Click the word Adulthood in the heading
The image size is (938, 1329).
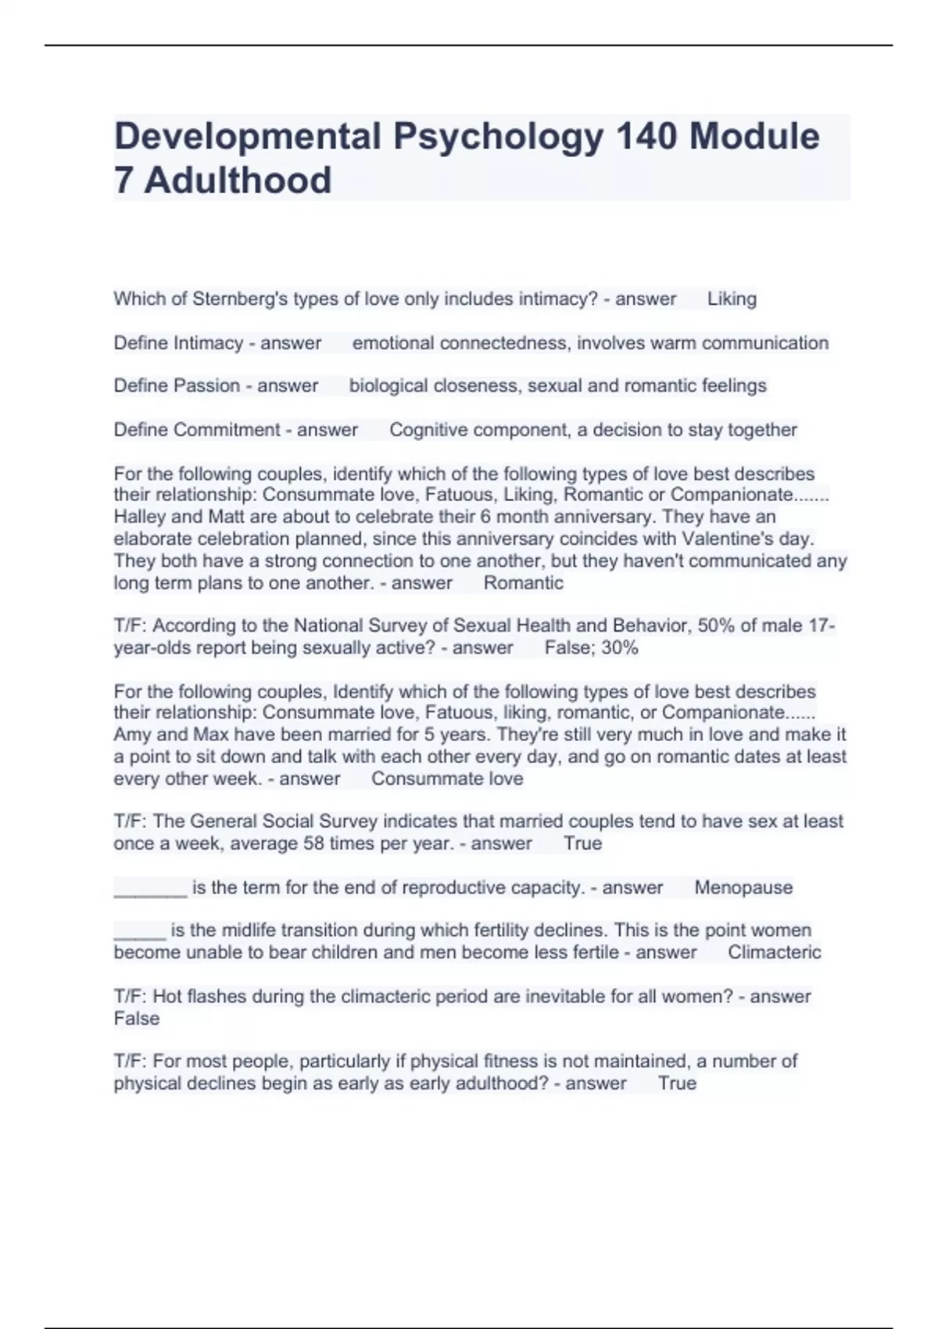click(x=238, y=181)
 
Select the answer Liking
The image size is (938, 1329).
click(x=732, y=299)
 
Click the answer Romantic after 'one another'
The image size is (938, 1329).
click(x=523, y=582)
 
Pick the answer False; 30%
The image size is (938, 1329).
click(x=591, y=647)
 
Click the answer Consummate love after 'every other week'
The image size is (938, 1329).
click(x=447, y=779)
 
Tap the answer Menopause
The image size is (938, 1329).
click(x=743, y=888)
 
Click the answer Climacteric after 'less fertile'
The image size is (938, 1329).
click(x=774, y=952)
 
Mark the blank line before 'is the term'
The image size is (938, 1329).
click(x=150, y=890)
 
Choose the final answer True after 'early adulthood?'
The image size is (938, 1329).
click(x=677, y=1084)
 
